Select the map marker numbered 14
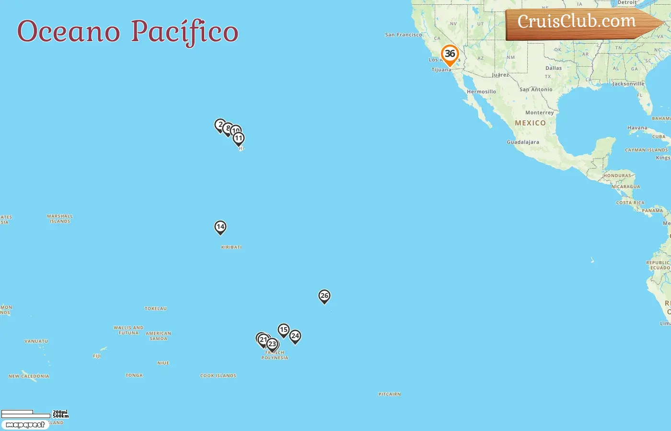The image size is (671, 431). click(x=220, y=227)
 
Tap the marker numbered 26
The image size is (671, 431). click(x=324, y=296)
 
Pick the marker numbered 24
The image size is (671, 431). click(x=295, y=336)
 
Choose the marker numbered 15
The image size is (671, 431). click(x=284, y=330)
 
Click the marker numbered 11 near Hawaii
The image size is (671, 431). click(x=239, y=138)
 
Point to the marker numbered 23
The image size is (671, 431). click(x=272, y=344)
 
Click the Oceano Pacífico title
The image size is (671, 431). click(x=127, y=32)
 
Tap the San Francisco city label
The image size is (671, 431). click(x=404, y=35)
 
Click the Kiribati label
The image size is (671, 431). click(x=231, y=247)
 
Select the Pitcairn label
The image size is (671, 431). click(x=389, y=394)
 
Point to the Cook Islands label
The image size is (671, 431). click(x=218, y=376)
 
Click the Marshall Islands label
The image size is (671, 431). click(x=60, y=219)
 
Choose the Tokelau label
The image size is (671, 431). click(x=156, y=309)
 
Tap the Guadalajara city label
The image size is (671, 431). click(x=523, y=142)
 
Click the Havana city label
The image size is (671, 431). click(x=637, y=128)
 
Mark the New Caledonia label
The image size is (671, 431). click(x=29, y=376)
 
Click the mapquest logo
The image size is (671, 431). click(x=25, y=425)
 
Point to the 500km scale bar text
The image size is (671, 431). click(x=61, y=416)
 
